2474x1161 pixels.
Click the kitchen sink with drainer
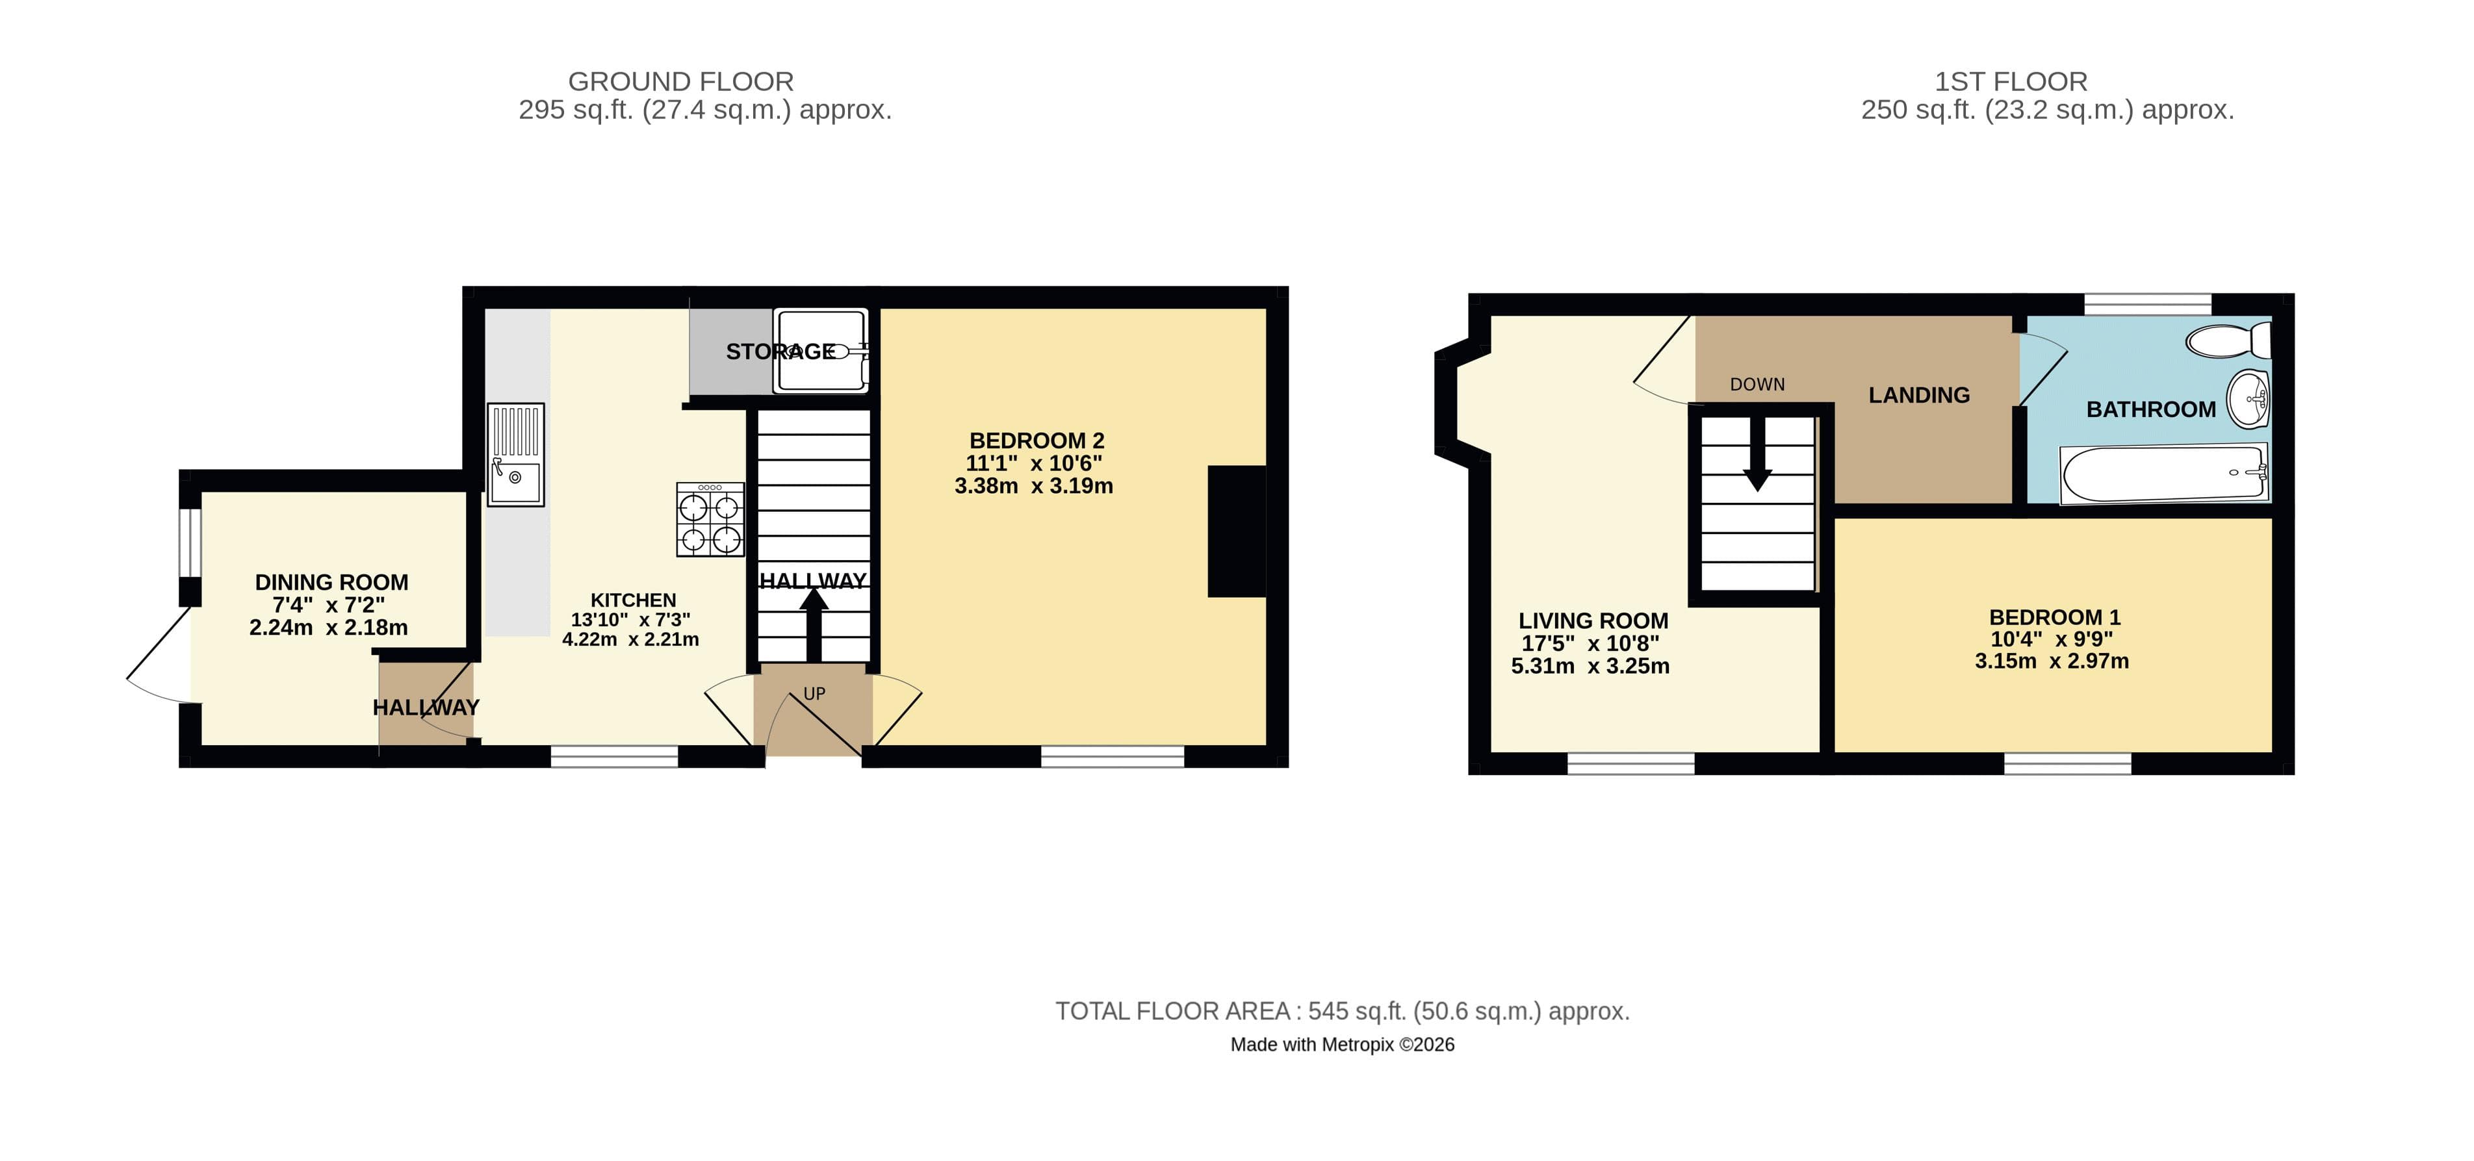click(x=516, y=454)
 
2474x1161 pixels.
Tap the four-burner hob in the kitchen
click(x=710, y=520)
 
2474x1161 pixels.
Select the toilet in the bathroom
click(x=2228, y=340)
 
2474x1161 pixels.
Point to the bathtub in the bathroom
click(x=2165, y=472)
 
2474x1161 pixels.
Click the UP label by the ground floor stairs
click(x=814, y=693)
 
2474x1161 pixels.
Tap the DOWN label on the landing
click(x=1757, y=384)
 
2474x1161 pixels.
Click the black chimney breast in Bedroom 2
click(x=1237, y=531)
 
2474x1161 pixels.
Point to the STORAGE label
click(x=780, y=351)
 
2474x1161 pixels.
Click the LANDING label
click(x=1918, y=394)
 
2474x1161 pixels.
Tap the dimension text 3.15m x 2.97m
click(x=2052, y=661)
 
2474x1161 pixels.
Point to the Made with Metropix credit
click(x=1342, y=1045)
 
